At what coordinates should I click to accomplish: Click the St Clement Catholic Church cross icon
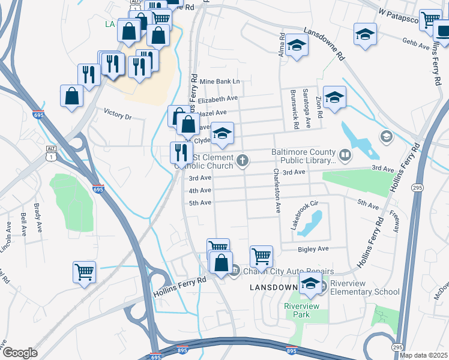tap(243, 160)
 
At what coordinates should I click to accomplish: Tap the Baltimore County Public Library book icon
tap(345, 156)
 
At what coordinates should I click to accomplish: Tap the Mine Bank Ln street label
tap(220, 81)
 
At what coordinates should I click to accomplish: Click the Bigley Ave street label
tap(313, 248)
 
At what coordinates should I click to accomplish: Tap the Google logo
tap(20, 353)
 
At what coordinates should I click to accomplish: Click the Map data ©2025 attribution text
tap(423, 355)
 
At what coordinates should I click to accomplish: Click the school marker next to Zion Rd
tap(335, 97)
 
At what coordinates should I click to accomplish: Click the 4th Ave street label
tap(200, 191)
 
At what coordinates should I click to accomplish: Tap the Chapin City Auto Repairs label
tap(283, 271)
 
